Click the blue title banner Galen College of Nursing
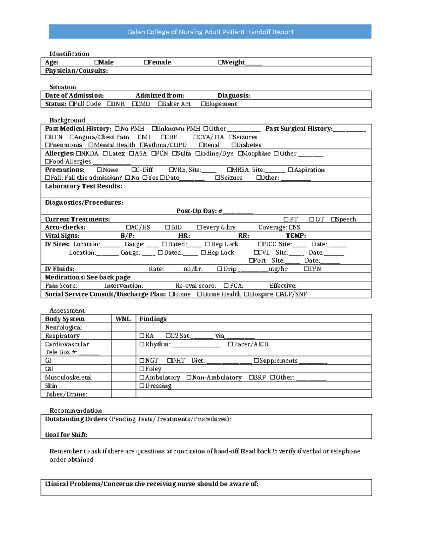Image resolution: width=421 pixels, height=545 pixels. point(210,32)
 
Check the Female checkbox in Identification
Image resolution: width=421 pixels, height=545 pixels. point(146,62)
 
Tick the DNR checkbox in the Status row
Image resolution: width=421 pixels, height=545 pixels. point(109,104)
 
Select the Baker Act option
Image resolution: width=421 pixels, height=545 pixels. point(160,104)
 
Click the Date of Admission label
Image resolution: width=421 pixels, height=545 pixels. point(74,95)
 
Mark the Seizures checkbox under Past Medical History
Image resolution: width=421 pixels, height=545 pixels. point(231,137)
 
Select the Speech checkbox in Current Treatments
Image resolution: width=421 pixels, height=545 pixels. point(333,219)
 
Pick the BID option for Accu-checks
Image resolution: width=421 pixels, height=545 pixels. point(168,227)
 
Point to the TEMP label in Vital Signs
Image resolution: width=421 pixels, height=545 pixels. point(296,236)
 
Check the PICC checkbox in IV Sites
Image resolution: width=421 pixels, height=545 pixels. point(260,244)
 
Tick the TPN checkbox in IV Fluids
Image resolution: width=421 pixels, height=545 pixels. point(306,269)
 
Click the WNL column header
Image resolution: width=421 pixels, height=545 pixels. point(123,319)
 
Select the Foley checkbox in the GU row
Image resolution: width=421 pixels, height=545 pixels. point(142,369)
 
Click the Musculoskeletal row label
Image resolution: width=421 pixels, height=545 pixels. point(68,377)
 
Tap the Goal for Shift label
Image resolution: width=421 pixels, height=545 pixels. point(66,435)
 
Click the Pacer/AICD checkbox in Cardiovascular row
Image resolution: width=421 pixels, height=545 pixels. point(230,344)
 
